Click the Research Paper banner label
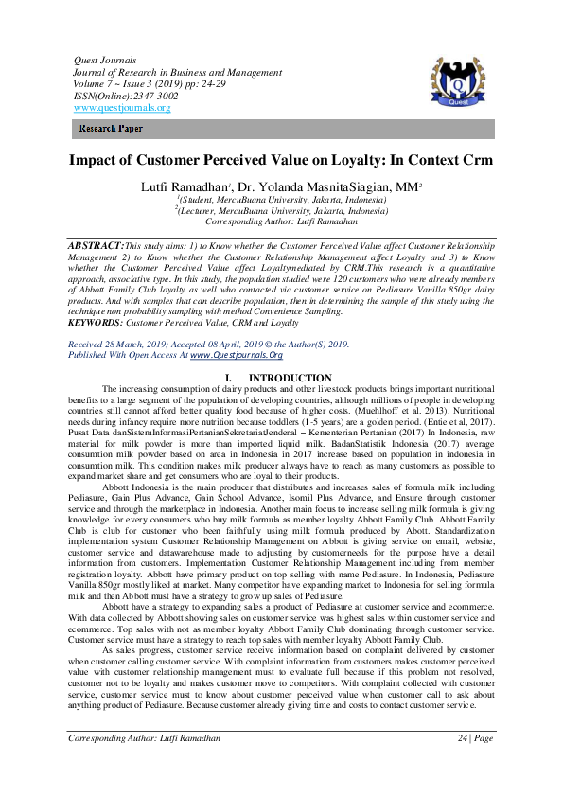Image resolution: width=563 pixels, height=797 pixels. (111, 127)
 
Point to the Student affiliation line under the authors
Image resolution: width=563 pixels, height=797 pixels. (281, 200)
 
